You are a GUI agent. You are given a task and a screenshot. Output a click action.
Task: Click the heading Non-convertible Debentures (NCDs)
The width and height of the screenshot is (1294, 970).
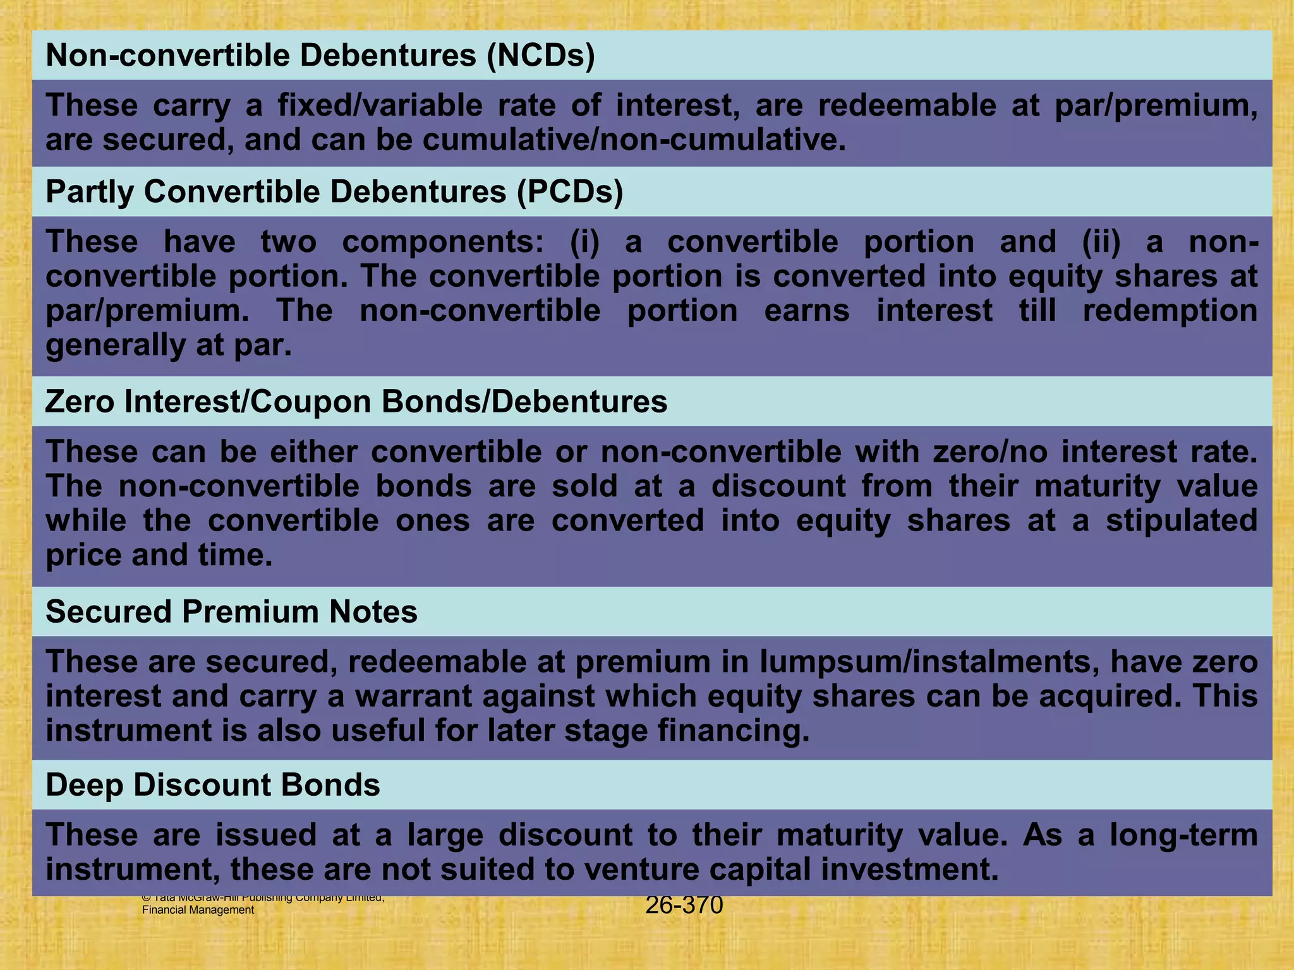tap(320, 56)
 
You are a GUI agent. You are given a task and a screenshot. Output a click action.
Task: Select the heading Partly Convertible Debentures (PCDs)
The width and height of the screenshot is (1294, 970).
tap(334, 191)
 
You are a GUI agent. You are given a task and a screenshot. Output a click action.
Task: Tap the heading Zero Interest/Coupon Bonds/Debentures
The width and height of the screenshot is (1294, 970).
tap(356, 402)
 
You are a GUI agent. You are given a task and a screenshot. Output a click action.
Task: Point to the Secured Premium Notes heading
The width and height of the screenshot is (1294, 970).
tap(231, 612)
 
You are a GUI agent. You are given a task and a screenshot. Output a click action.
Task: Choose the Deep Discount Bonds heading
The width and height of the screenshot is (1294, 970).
tap(213, 785)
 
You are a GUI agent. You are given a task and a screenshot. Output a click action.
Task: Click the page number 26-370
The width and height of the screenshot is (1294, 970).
tap(684, 906)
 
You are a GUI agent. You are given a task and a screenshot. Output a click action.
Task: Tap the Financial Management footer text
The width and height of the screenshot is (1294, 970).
tap(198, 910)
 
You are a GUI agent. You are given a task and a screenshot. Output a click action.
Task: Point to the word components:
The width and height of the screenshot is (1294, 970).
tap(442, 242)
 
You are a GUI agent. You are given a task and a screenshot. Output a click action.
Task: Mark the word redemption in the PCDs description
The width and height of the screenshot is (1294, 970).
tap(1170, 311)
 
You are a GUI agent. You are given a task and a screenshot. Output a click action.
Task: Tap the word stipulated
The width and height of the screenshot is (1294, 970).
tap(1181, 521)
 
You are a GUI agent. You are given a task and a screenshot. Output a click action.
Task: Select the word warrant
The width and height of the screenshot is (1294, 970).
tap(474, 696)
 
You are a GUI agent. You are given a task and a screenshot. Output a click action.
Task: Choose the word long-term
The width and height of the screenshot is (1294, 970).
tap(1183, 835)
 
